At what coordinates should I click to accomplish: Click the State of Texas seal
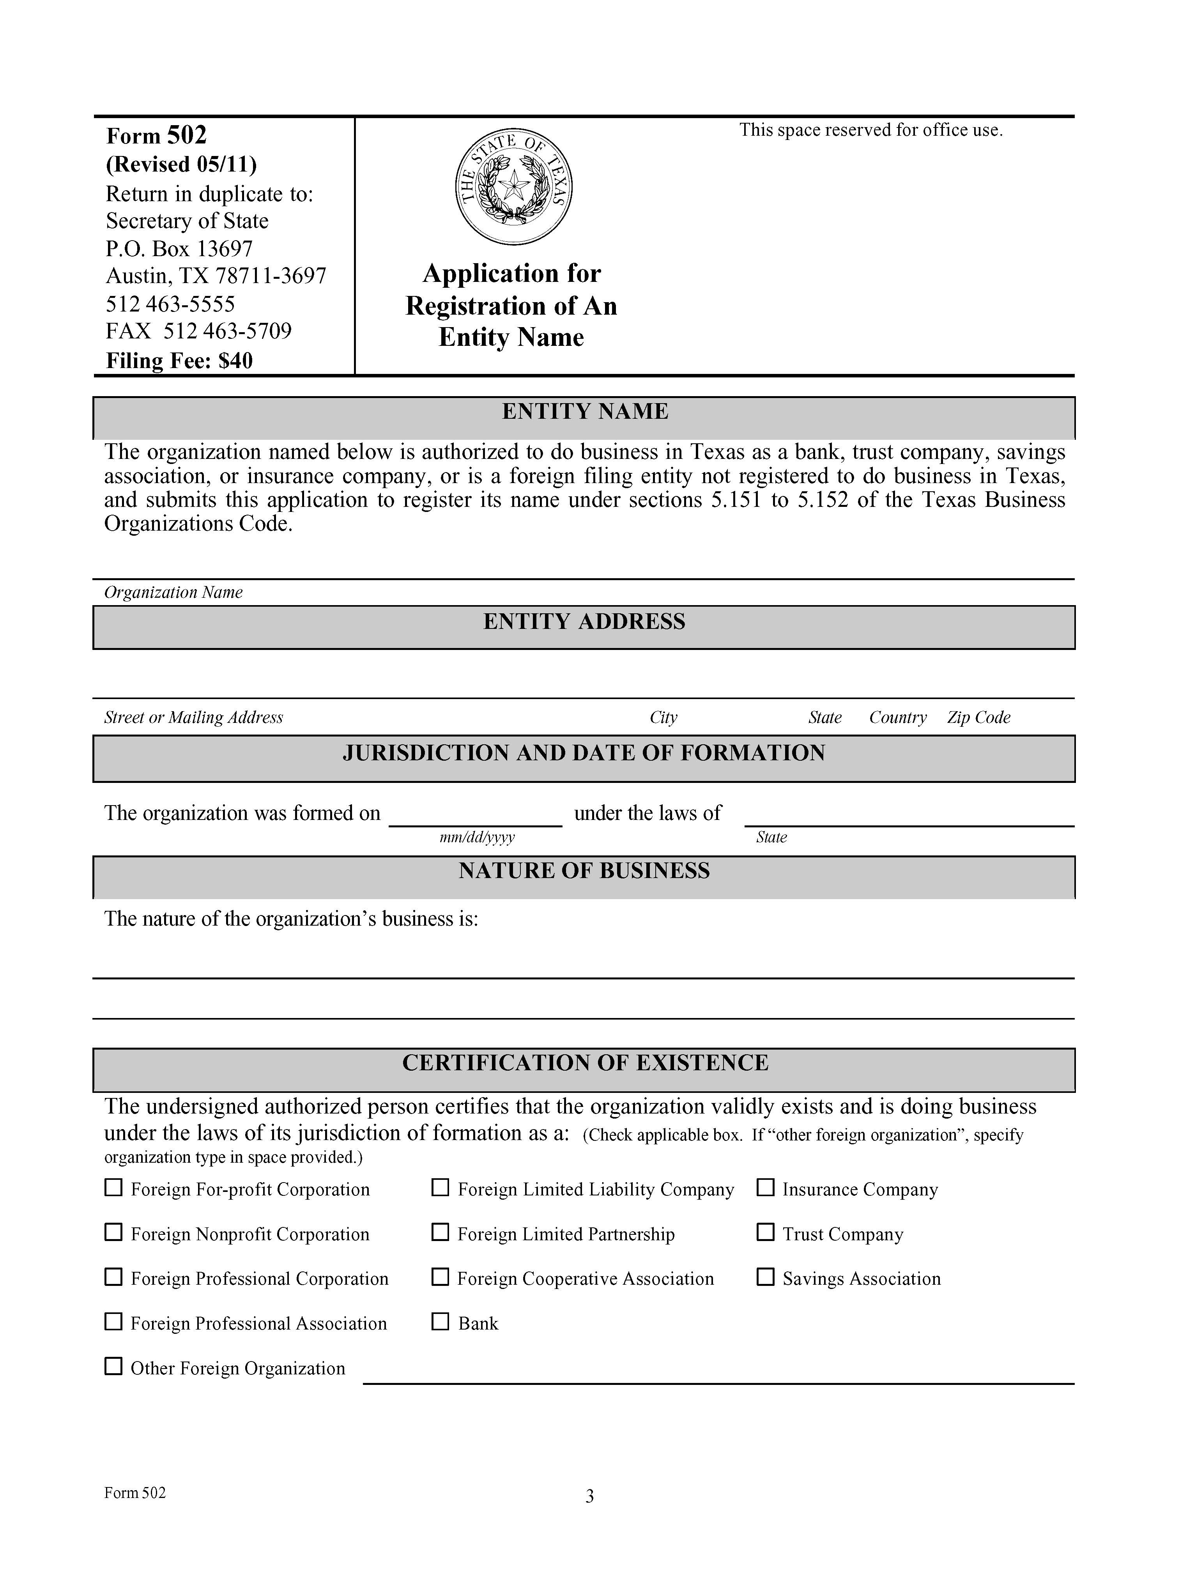(513, 187)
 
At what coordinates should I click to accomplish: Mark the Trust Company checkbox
(765, 1232)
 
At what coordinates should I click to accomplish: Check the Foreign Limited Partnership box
(440, 1232)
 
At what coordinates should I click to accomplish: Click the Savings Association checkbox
(765, 1277)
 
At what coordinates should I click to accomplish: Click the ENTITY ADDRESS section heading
(584, 622)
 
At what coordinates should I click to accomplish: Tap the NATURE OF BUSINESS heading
(584, 871)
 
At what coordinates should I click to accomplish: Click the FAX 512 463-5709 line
(198, 331)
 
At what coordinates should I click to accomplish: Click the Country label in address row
(898, 717)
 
